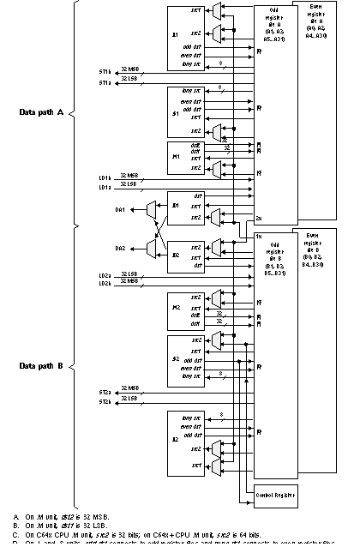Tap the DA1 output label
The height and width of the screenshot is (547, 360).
(x=121, y=209)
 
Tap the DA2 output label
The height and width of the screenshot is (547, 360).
(x=121, y=249)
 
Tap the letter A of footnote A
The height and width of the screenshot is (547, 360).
(x=15, y=516)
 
